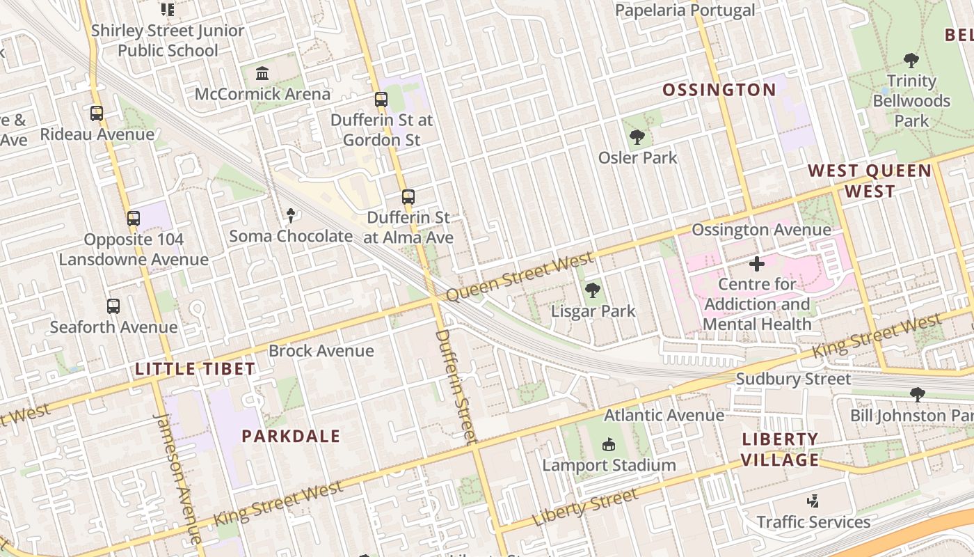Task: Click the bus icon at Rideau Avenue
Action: click(x=97, y=113)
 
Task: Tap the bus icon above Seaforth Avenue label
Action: click(x=113, y=306)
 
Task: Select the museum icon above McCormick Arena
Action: click(x=262, y=73)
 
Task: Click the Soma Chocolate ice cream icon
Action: click(x=291, y=216)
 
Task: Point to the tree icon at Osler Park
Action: click(x=637, y=137)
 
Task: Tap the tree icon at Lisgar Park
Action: click(x=593, y=290)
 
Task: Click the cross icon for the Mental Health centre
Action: click(x=757, y=264)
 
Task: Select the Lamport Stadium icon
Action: click(x=609, y=444)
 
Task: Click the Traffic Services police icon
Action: click(x=813, y=501)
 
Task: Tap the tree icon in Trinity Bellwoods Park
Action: click(x=911, y=61)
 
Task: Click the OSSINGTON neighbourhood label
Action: click(x=719, y=90)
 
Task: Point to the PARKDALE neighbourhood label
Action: click(x=291, y=437)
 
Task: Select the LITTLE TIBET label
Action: click(x=195, y=369)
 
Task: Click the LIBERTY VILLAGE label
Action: click(x=780, y=450)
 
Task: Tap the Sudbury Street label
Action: click(x=793, y=379)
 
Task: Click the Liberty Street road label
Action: click(x=584, y=508)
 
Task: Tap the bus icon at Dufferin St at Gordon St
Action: click(x=381, y=100)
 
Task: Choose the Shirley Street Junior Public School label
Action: click(x=168, y=40)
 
